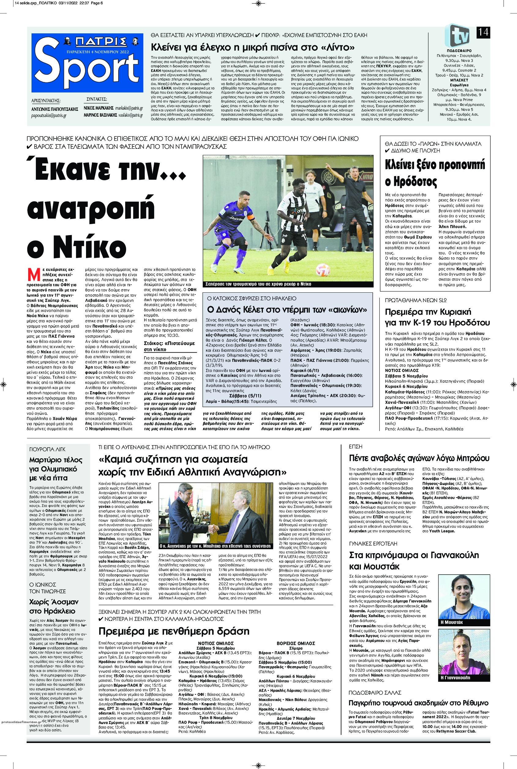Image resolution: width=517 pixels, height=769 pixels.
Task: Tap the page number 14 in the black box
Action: pyautogui.click(x=482, y=33)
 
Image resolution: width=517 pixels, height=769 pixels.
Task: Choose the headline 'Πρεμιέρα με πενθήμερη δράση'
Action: pyautogui.click(x=174, y=631)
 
